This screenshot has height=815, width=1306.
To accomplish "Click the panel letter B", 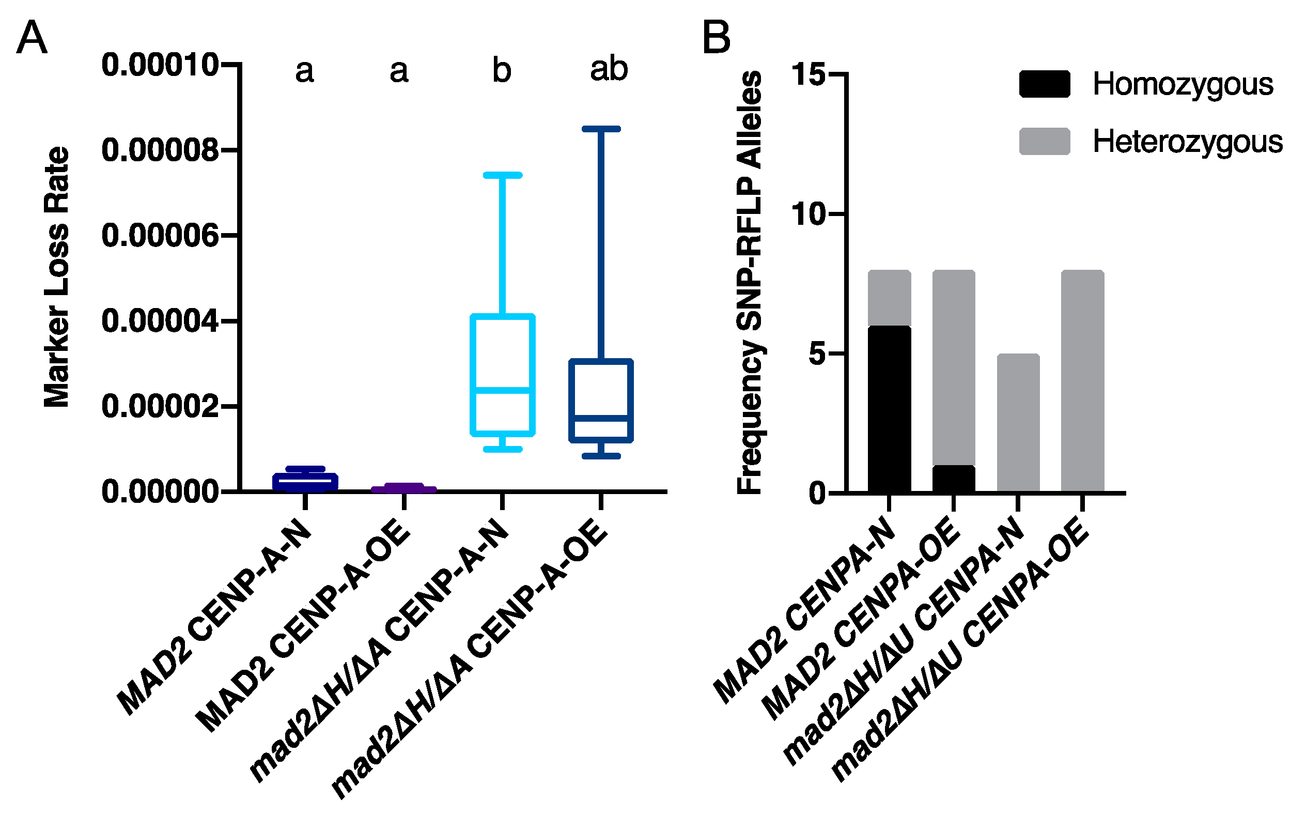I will point(716,37).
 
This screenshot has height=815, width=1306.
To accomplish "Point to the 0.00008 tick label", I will point(160,150).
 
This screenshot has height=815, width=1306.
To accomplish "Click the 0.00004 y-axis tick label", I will point(160,321).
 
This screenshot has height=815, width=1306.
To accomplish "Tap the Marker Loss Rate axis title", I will point(57,277).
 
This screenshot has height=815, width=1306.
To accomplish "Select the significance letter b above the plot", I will point(501,71).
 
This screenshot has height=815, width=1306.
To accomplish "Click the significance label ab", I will point(609,69).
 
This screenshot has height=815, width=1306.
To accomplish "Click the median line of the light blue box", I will point(502,390).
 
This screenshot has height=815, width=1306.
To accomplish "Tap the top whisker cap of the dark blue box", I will point(601,129).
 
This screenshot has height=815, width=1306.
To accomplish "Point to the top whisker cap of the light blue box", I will point(502,175).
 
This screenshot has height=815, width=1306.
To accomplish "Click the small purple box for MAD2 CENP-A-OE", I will point(403,488).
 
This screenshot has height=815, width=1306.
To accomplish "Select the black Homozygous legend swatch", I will point(1044,84).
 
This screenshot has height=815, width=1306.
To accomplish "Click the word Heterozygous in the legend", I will point(1187,142).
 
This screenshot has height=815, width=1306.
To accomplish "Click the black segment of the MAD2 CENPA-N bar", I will point(889,410).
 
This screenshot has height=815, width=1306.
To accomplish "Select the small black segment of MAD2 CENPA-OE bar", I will point(953,479).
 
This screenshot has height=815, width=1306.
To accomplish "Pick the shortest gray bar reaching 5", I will point(1018,423).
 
